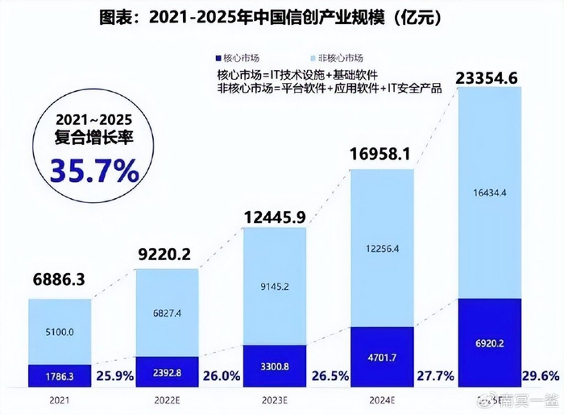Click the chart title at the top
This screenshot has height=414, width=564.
pos(281,17)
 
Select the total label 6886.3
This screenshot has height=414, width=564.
pos(59,281)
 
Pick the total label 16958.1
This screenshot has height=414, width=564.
pos(382,154)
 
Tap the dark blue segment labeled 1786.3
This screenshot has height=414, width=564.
pos(59,375)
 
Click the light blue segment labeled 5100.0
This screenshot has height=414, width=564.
pos(59,332)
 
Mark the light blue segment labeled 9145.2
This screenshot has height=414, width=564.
pos(275,286)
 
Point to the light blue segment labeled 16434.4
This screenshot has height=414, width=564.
pos(489,193)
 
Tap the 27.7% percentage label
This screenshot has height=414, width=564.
pos(435,375)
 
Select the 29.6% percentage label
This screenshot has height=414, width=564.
pos(541,375)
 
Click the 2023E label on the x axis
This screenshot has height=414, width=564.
pos(275,400)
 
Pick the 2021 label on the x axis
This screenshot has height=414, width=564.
pos(59,400)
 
